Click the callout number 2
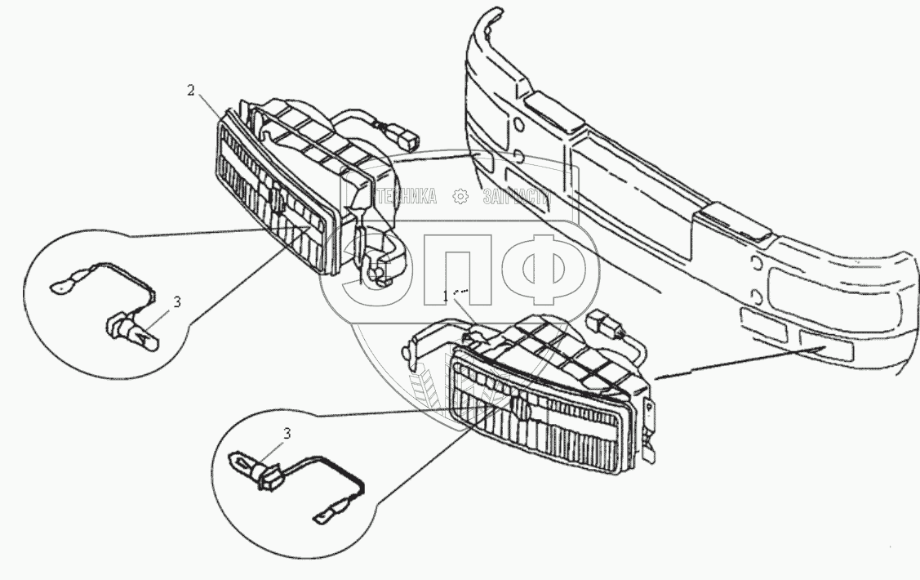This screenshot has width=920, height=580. (x=191, y=91)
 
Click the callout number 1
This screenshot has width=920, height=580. (x=446, y=293)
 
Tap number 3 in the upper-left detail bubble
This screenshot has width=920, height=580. (x=177, y=301)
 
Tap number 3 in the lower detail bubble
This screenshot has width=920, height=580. (x=287, y=434)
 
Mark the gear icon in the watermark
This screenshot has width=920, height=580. (x=460, y=196)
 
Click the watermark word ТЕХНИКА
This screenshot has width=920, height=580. (x=406, y=196)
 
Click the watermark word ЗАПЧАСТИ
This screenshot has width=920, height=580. (x=516, y=197)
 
